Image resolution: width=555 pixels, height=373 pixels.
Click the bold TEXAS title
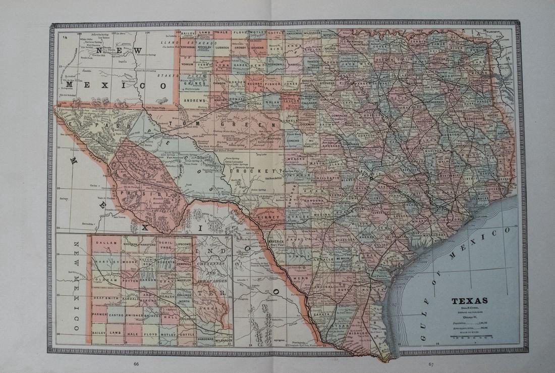coord(469,301)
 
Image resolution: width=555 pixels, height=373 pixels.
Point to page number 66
coord(136,363)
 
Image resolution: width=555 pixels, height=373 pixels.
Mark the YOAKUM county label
coord(187,65)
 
